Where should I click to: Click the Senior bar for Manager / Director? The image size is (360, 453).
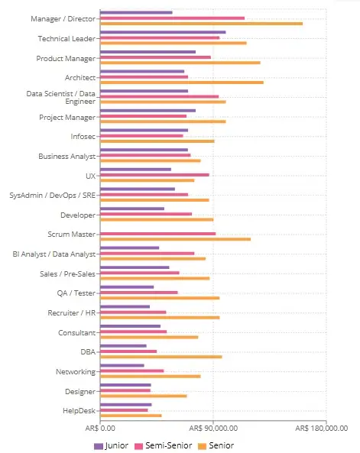[201, 24]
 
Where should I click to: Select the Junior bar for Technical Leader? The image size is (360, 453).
[163, 32]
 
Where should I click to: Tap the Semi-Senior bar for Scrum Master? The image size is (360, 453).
[158, 234]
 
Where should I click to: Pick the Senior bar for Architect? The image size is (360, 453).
[182, 83]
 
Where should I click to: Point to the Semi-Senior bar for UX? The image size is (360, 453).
[154, 175]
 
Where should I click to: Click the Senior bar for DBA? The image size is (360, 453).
[161, 357]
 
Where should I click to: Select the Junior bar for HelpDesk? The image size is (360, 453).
[126, 405]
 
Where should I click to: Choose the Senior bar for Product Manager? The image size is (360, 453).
[180, 63]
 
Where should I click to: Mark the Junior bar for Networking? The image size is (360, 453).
[122, 365]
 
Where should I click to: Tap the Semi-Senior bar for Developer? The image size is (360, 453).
[146, 214]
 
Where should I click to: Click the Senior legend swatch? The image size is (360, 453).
[202, 446]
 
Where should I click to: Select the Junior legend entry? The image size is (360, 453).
[112, 446]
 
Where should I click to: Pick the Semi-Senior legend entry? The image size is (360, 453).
[164, 446]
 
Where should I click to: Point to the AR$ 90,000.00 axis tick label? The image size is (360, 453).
[213, 428]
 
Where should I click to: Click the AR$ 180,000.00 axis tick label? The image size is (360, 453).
[322, 428]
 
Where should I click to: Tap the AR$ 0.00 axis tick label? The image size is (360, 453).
[100, 428]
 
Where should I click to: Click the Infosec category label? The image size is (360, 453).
[83, 137]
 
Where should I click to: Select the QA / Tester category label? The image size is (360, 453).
[76, 293]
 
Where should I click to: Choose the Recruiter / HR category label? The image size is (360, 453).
[72, 313]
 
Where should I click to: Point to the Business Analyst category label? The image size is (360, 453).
[67, 157]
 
